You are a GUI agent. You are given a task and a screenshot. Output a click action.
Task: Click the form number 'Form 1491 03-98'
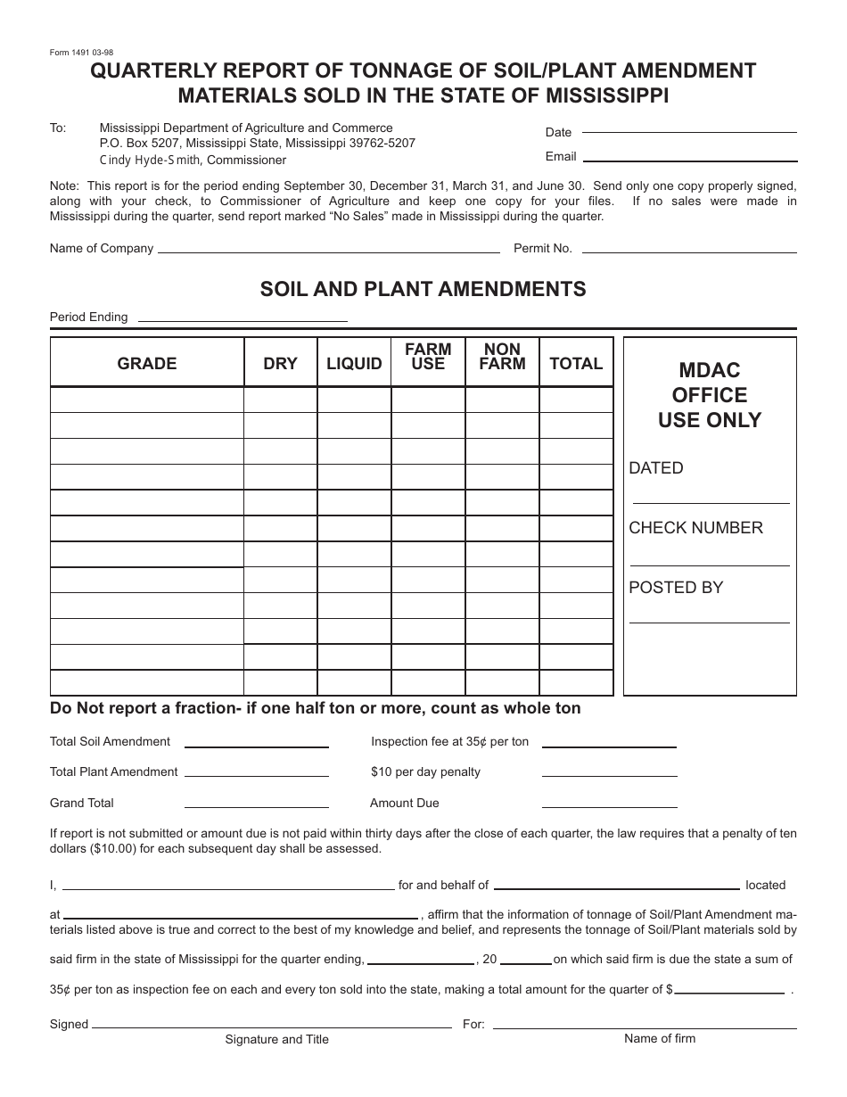[82, 53]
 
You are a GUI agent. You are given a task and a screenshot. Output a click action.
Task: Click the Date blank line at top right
[688, 131]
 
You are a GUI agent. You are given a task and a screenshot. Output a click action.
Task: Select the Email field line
[689, 160]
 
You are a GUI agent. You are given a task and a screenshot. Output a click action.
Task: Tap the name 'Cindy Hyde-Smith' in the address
[151, 161]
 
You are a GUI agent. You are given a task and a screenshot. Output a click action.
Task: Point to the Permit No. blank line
[687, 252]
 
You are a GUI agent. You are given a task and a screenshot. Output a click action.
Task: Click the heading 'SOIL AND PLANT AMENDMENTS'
[423, 289]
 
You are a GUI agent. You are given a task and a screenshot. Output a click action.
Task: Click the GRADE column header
[147, 363]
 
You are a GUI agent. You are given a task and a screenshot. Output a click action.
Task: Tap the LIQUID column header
[354, 363]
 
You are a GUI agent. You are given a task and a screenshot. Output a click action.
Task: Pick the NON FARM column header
[502, 356]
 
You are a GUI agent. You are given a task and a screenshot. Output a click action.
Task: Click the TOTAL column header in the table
[576, 363]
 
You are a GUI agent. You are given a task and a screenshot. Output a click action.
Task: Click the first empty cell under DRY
[280, 400]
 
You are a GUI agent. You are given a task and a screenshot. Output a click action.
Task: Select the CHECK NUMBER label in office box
[695, 528]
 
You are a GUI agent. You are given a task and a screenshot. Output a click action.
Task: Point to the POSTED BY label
[676, 588]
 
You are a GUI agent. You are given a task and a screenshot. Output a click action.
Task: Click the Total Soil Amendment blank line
[256, 746]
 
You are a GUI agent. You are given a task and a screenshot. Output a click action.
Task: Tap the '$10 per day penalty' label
[425, 772]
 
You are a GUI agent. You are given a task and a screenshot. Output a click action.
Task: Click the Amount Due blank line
[608, 806]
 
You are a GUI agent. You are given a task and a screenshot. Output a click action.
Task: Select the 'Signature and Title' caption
[276, 1039]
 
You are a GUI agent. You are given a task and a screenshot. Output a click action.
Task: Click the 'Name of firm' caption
[660, 1038]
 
